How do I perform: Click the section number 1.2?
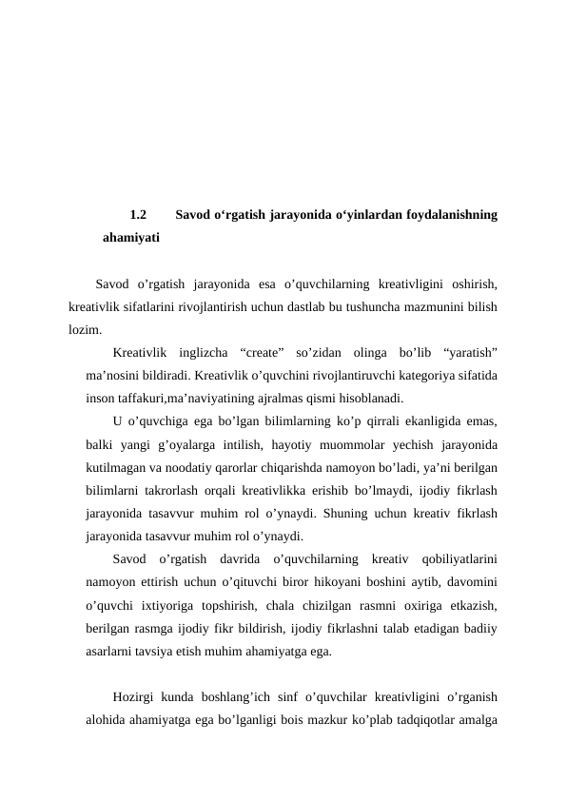point(138,215)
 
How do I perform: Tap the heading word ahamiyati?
point(131,237)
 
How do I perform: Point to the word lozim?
point(85,330)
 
